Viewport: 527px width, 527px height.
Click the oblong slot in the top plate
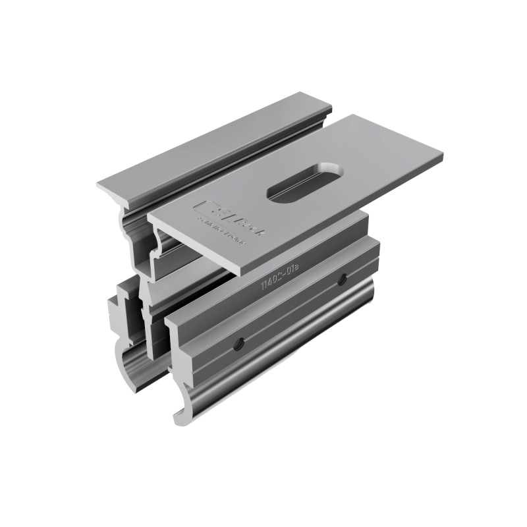(x=304, y=180)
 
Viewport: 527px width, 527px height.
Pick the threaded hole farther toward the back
(x=342, y=281)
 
